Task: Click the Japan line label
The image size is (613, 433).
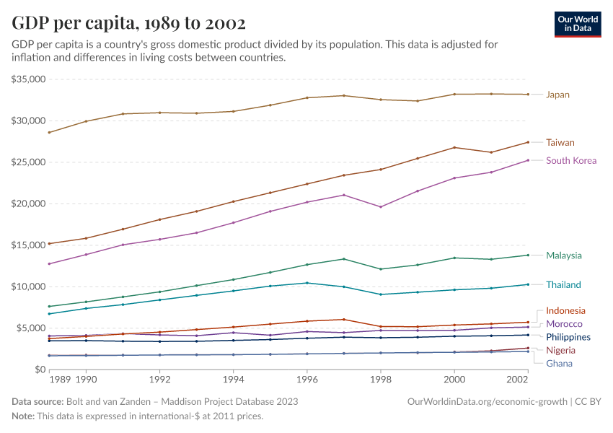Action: (x=557, y=95)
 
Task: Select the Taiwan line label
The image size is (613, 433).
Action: (x=560, y=142)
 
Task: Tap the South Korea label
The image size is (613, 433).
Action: (x=571, y=160)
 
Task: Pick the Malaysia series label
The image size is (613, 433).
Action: (x=563, y=255)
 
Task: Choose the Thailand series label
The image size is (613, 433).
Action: (x=563, y=284)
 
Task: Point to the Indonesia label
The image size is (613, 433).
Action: (x=565, y=311)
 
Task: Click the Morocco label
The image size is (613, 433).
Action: (x=564, y=324)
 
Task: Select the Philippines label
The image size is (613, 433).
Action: (x=568, y=337)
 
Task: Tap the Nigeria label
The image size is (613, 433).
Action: (x=560, y=350)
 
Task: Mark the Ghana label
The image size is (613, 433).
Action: (x=559, y=363)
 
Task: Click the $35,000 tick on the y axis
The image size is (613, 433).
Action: (x=29, y=79)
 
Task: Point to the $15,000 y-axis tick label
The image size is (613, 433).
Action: (x=29, y=245)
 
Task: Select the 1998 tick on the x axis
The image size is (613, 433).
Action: (x=381, y=378)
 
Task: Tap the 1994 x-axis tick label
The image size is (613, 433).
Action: (x=233, y=378)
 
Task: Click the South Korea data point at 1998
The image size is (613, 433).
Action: (x=381, y=207)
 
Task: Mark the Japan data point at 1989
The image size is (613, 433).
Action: (x=49, y=132)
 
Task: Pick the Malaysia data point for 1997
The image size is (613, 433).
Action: (x=344, y=259)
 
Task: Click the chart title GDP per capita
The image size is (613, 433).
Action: (x=129, y=23)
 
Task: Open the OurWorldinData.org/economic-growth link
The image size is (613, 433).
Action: (x=488, y=401)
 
